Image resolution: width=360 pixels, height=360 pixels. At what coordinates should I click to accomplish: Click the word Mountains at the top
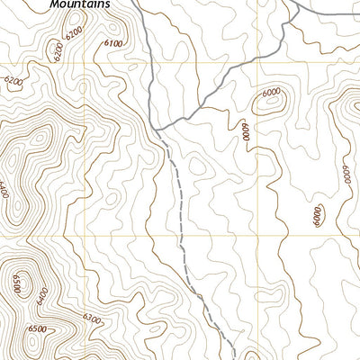[x=80, y=4]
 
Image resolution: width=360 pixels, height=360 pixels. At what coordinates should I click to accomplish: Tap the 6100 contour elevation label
[x=113, y=42]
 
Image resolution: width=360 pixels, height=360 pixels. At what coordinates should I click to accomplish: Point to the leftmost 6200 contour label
[x=13, y=81]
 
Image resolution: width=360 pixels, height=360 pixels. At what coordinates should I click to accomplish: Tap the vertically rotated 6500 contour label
[x=16, y=286]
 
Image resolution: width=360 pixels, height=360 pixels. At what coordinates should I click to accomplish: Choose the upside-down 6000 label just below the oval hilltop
[x=243, y=132]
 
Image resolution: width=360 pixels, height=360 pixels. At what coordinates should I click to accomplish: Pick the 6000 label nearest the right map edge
[x=346, y=174]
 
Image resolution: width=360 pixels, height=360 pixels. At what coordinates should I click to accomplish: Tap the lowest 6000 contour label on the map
[x=317, y=215]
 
